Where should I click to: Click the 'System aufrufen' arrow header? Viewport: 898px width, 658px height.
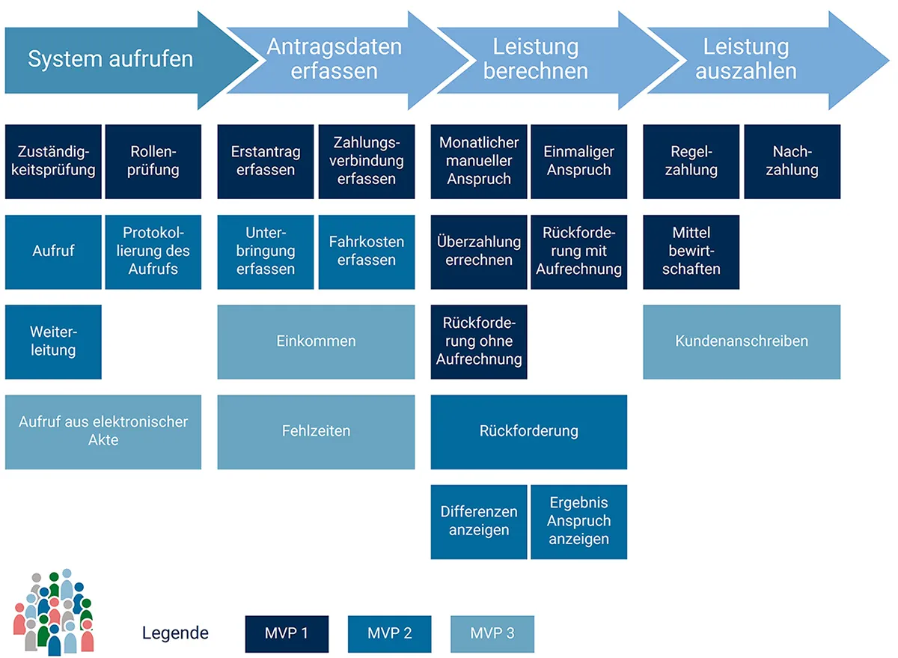click(111, 59)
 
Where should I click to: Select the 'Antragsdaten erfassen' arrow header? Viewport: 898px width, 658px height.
click(335, 59)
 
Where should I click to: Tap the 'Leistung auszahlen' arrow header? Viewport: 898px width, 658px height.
click(746, 59)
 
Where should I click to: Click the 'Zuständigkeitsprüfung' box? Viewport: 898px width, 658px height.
click(53, 161)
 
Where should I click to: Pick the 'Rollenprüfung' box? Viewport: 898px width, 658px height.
click(153, 161)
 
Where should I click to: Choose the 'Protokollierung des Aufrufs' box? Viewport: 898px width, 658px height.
click(153, 252)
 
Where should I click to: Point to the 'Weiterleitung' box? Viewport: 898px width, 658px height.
click(53, 341)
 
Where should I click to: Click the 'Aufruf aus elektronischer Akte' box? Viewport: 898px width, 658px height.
click(103, 432)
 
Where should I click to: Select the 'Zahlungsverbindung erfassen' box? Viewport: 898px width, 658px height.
click(367, 161)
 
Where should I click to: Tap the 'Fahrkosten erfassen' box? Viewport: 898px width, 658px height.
click(367, 252)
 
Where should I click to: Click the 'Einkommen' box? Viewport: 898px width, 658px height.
click(316, 341)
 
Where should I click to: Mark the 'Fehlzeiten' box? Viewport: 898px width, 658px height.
click(316, 432)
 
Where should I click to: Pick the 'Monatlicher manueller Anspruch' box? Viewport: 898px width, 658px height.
click(479, 161)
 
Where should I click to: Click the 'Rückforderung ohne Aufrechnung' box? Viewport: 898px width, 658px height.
click(479, 341)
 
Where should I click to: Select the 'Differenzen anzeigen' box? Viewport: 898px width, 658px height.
click(479, 522)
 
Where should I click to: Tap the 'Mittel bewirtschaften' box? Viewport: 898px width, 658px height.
click(691, 252)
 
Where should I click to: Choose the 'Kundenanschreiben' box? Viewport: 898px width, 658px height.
click(742, 341)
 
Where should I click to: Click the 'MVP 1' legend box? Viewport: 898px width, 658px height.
click(287, 634)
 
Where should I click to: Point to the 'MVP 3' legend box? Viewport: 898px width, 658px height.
click(492, 634)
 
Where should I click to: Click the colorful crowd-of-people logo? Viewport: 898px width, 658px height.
click(55, 612)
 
